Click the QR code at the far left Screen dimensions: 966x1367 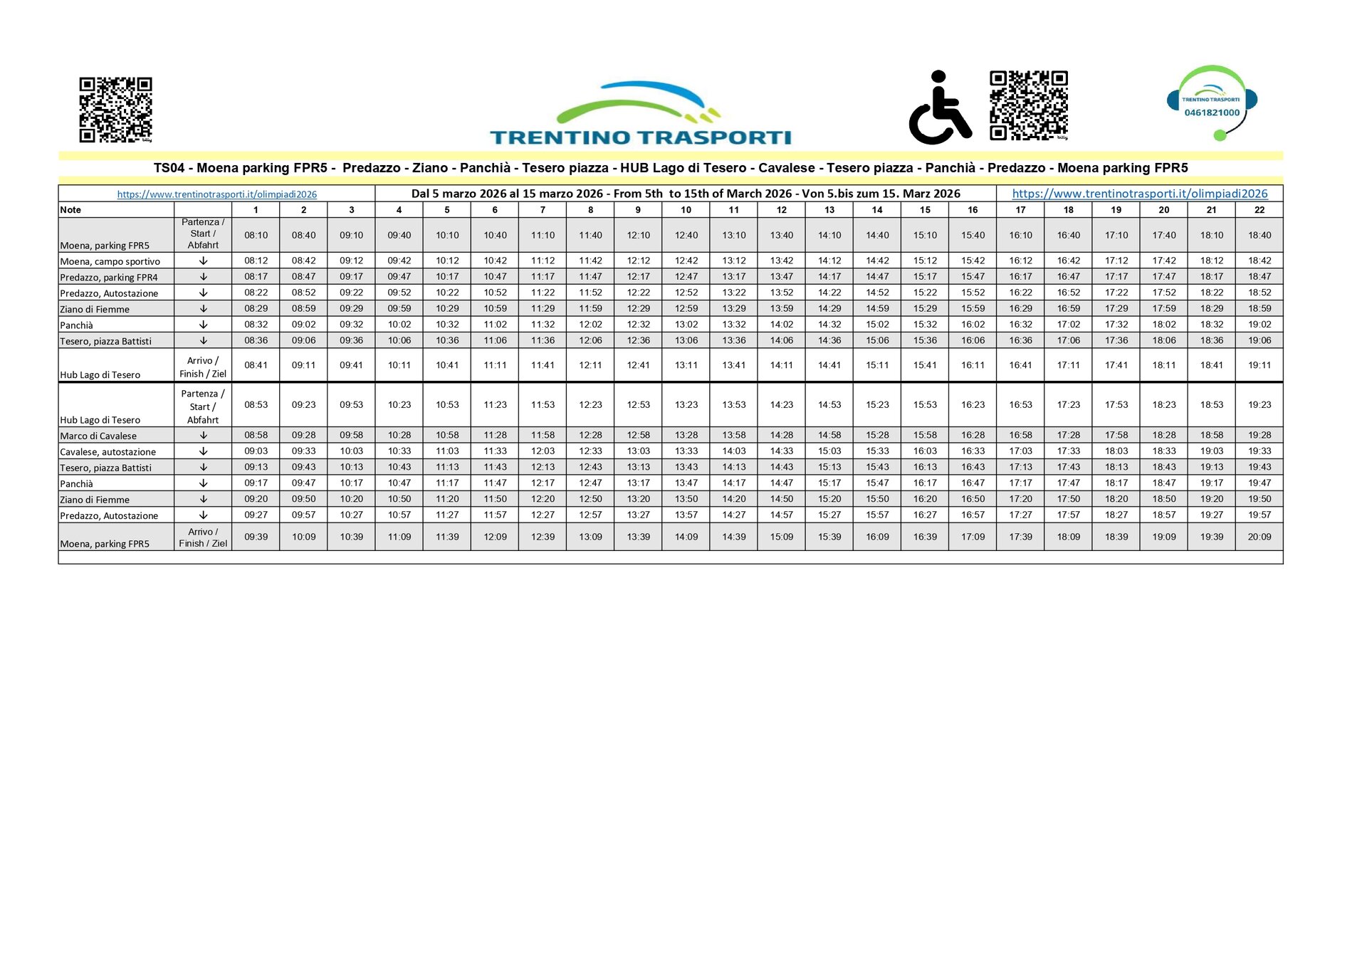115,110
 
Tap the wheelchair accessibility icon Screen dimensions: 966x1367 940,108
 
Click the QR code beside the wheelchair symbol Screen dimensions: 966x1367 1029,105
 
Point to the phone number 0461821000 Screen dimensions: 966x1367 1212,112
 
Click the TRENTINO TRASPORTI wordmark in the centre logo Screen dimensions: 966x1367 640,137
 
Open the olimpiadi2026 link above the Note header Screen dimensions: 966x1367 216,194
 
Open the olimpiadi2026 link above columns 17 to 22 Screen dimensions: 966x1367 1139,194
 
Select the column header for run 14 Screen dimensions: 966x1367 877,210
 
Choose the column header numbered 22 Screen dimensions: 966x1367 1259,210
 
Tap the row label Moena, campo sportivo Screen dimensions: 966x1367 110,261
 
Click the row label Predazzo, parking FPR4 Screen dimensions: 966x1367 109,278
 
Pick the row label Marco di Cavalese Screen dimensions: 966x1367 98,436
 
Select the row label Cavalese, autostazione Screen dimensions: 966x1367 108,452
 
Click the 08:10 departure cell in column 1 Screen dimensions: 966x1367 256,236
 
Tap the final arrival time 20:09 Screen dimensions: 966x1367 1259,537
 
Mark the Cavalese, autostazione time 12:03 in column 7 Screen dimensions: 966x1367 543,451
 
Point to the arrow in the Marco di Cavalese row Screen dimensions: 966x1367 203,435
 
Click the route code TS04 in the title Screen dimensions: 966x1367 169,168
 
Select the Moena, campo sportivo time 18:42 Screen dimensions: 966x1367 1259,261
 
